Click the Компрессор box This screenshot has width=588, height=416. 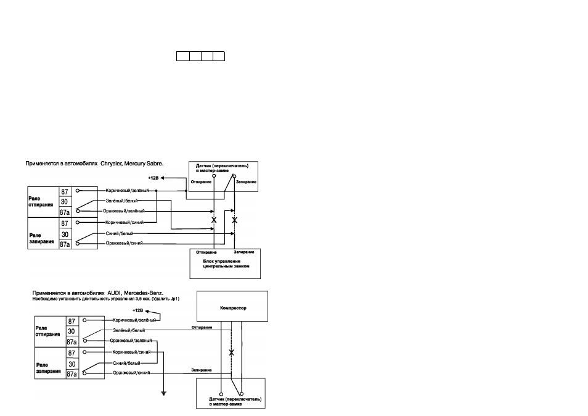pyautogui.click(x=232, y=306)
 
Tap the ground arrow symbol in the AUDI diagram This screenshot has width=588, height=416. pyautogui.click(x=163, y=394)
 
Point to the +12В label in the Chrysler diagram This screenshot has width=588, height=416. pyautogui.click(x=153, y=178)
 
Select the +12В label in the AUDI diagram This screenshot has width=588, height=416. pyautogui.click(x=138, y=310)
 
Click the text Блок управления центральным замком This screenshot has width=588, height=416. pyautogui.click(x=226, y=264)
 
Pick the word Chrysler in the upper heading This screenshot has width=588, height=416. pyautogui.click(x=111, y=164)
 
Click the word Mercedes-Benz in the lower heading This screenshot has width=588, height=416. pyautogui.click(x=144, y=293)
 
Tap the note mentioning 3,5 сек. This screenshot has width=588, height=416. pyautogui.click(x=106, y=299)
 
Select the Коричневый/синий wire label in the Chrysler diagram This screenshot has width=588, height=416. pyautogui.click(x=125, y=222)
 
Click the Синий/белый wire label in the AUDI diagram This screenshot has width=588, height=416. pyautogui.click(x=127, y=363)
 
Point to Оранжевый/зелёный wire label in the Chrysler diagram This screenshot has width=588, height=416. pyautogui.click(x=124, y=211)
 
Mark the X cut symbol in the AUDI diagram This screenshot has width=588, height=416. pyautogui.click(x=231, y=353)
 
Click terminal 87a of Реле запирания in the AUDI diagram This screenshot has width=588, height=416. pyautogui.click(x=71, y=374)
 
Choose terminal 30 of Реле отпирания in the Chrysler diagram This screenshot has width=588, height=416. pyautogui.click(x=65, y=202)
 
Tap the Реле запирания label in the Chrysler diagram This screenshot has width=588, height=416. pyautogui.click(x=42, y=238)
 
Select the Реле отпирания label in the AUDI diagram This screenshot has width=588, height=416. pyautogui.click(x=47, y=331)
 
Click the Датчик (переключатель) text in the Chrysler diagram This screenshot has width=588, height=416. pyautogui.click(x=222, y=165)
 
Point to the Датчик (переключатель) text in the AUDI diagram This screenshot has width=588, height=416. pyautogui.click(x=235, y=399)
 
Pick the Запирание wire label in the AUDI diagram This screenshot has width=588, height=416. pyautogui.click(x=202, y=370)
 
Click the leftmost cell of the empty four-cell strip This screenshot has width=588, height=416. pyautogui.click(x=183, y=56)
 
